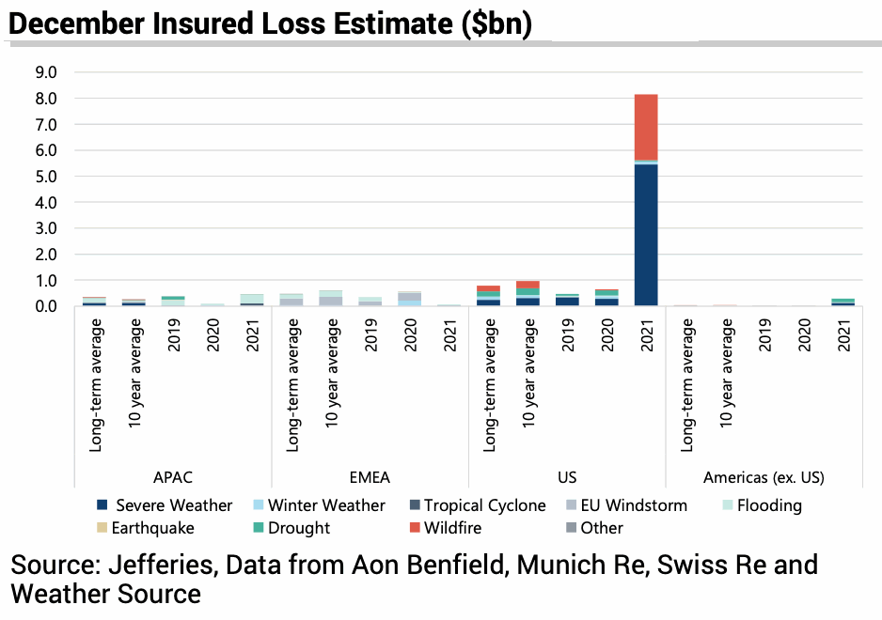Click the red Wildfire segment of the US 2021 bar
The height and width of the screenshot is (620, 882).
(646, 127)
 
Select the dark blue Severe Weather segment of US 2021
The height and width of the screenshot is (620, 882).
(646, 235)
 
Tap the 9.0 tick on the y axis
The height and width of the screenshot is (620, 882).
(45, 72)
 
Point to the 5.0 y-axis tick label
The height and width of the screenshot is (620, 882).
(45, 177)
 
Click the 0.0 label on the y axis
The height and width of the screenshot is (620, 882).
(45, 306)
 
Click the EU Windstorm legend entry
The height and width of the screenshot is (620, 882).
(635, 505)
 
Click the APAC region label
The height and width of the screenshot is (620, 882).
(172, 477)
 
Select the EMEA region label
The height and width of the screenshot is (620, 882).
(370, 477)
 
